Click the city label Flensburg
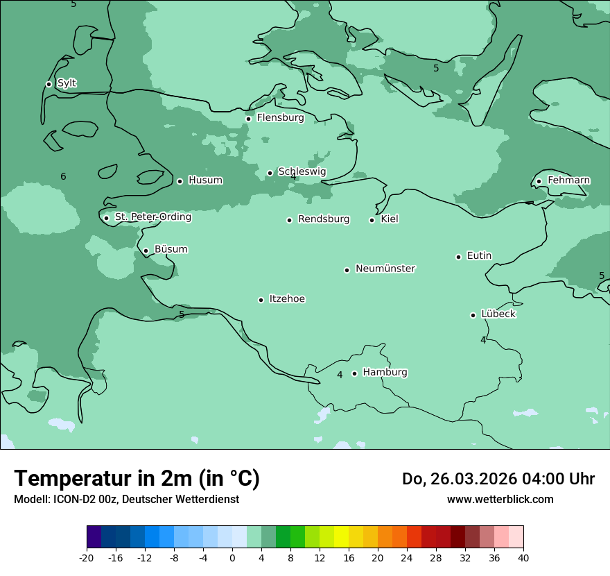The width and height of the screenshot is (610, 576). [x=280, y=118]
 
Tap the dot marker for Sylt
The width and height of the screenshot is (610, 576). [x=49, y=84]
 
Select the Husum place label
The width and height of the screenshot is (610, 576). [x=205, y=180]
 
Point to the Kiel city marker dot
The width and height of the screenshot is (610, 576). [x=372, y=220]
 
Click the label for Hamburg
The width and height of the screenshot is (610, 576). [x=385, y=372]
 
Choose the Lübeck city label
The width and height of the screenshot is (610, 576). [x=498, y=314]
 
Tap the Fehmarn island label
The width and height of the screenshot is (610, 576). [x=568, y=180]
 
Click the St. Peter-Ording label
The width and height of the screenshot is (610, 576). [x=152, y=217]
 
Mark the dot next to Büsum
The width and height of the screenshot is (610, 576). [x=146, y=251]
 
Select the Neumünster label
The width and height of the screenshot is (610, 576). [x=385, y=269]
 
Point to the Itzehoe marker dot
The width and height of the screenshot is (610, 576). [x=261, y=300]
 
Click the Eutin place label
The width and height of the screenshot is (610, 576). [x=479, y=256]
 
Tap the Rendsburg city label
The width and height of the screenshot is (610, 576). [x=323, y=219]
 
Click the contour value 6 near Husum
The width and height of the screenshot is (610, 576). [x=63, y=176]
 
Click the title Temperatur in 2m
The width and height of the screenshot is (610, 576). [x=137, y=478]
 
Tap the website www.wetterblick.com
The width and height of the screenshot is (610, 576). [x=500, y=499]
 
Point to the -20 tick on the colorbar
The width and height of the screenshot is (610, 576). [x=87, y=557]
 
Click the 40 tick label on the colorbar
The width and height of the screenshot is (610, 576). [x=523, y=557]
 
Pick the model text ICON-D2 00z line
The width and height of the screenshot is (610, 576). [x=126, y=499]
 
